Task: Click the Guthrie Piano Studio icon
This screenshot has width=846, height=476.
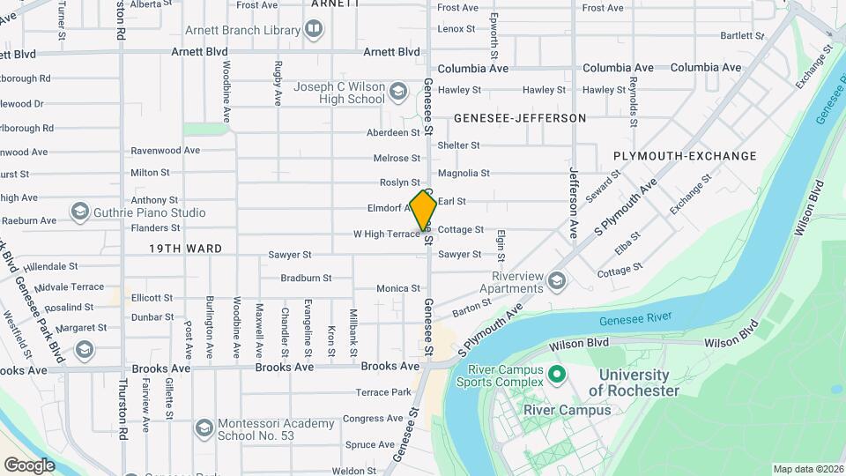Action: click(80, 212)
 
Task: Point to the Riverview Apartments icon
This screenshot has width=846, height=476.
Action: click(556, 281)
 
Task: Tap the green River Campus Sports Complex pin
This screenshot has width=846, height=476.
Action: click(556, 376)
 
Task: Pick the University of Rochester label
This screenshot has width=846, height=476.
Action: click(634, 383)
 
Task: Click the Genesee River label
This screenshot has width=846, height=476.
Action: click(634, 318)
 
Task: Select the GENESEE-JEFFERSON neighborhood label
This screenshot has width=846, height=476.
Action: click(520, 118)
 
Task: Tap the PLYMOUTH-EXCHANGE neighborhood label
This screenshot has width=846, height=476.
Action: click(685, 156)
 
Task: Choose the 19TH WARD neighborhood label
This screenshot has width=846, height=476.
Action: click(185, 249)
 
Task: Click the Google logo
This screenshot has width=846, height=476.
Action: click(29, 465)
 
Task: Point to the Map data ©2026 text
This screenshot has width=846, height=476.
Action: click(807, 469)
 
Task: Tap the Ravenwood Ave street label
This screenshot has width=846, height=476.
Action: click(166, 151)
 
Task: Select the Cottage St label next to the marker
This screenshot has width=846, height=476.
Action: click(461, 230)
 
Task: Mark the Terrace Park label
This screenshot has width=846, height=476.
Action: click(383, 392)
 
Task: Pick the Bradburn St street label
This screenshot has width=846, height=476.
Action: click(305, 278)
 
